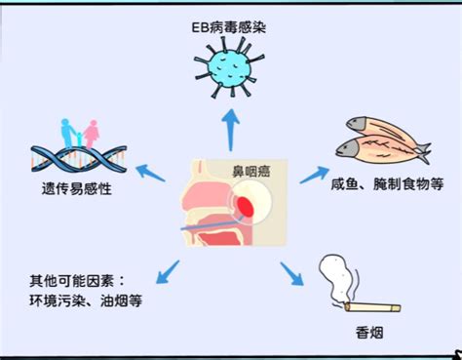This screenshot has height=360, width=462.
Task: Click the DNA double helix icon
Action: [x=76, y=154]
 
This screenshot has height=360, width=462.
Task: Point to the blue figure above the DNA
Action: [x=66, y=131]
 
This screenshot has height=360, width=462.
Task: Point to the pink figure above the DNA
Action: [x=92, y=132]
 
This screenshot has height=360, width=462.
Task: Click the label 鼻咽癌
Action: [x=256, y=173]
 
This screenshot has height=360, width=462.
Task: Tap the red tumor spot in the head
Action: [x=249, y=206]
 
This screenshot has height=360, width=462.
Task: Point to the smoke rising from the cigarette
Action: [x=335, y=276]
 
